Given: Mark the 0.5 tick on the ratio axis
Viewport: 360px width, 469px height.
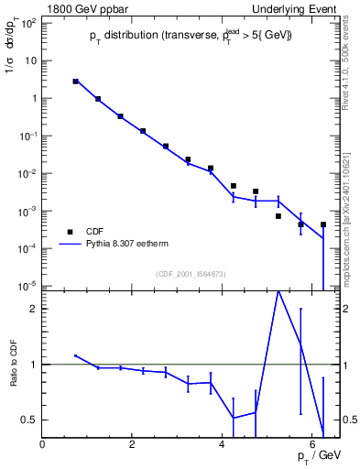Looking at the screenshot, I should (x=30, y=420).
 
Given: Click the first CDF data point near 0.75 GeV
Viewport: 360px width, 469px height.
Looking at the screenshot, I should (x=76, y=82).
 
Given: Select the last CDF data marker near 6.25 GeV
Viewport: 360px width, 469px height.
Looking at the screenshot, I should (x=323, y=224).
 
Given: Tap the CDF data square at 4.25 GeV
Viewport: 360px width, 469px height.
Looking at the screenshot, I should (x=234, y=186).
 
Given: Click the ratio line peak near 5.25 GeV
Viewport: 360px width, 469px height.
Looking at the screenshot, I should (x=278, y=290).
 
